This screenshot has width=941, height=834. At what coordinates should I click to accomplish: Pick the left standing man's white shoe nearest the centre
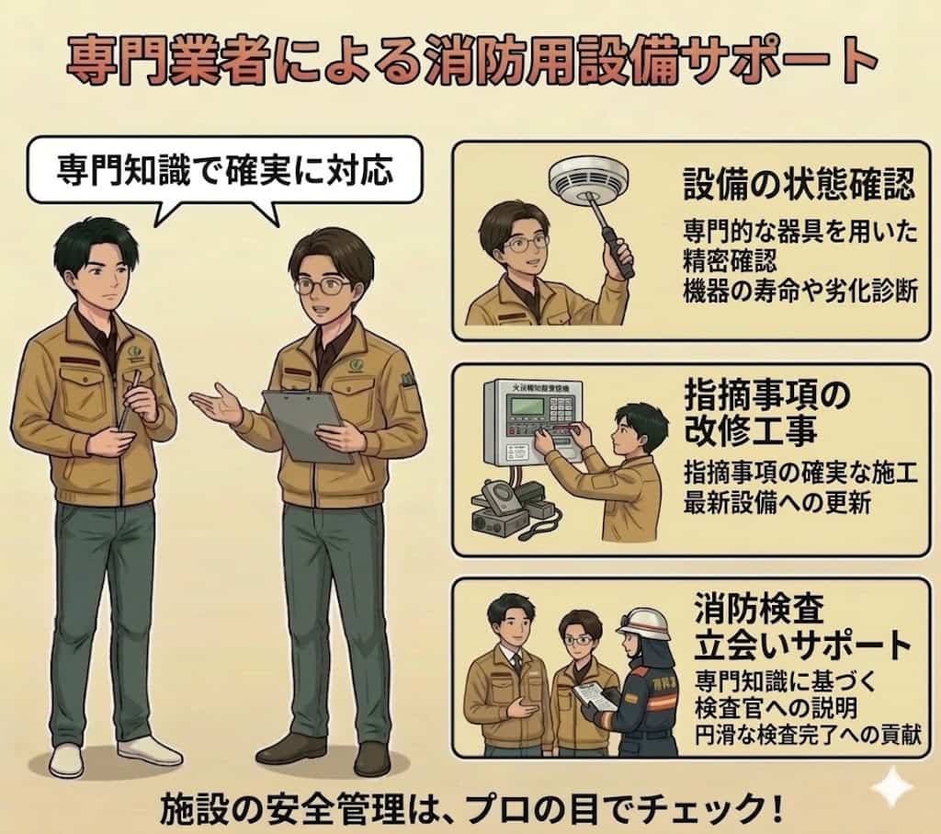click(x=149, y=749)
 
